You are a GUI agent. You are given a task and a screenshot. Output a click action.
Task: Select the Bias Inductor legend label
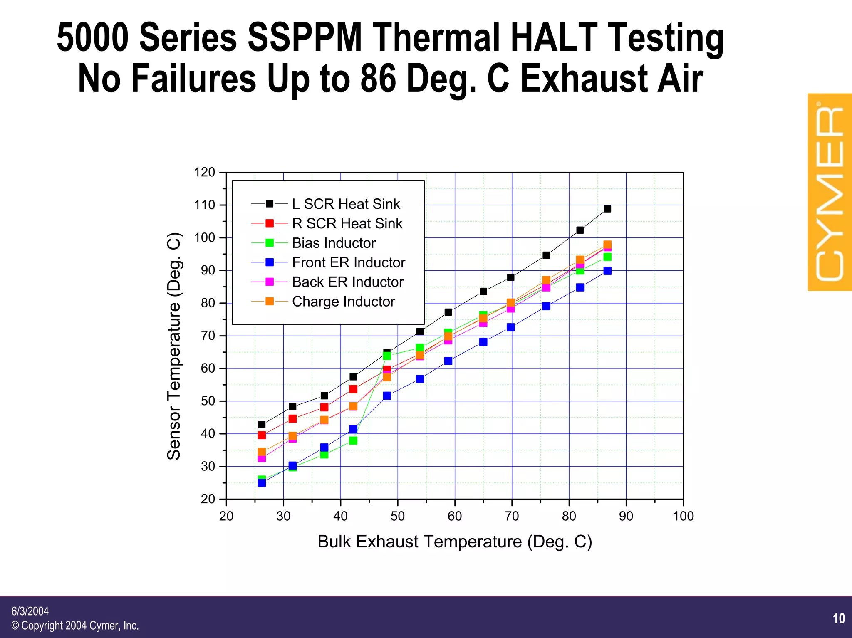334,243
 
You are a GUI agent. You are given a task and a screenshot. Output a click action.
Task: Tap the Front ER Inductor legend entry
348,262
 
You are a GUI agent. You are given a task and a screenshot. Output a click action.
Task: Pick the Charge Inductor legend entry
343,302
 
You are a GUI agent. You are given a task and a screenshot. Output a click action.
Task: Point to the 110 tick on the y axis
204,205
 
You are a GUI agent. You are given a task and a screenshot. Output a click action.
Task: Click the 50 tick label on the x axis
397,516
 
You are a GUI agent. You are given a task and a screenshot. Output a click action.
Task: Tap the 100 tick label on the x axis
683,516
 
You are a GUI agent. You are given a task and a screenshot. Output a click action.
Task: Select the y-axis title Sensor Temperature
174,346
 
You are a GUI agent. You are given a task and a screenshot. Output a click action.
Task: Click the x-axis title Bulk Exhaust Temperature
454,542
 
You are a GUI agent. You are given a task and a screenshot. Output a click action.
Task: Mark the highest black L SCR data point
607,209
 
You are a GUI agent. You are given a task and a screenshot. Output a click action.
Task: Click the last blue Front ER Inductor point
607,271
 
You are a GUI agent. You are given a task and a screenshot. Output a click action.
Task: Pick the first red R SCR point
262,435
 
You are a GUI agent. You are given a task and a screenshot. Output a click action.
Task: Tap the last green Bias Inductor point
607,257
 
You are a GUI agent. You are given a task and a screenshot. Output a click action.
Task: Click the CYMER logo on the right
829,192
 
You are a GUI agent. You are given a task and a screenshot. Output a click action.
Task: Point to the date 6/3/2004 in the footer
30,611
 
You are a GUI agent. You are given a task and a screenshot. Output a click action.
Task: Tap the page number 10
839,618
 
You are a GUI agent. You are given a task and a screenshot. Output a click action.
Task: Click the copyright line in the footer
75,626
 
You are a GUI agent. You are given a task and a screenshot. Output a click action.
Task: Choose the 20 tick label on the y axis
208,499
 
